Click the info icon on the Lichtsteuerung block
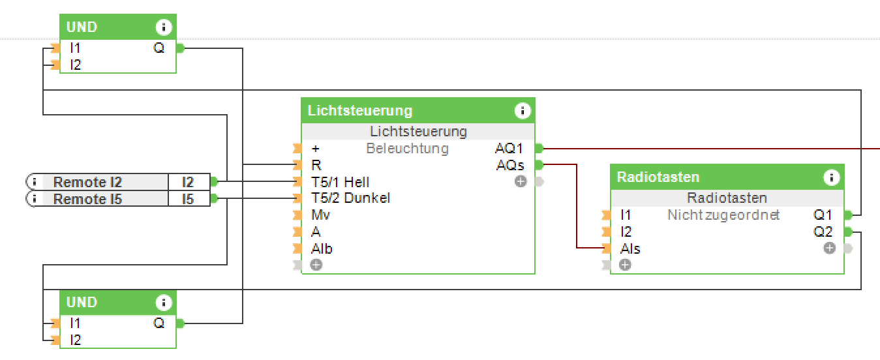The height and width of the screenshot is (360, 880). coord(523,111)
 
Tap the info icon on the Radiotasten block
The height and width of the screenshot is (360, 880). coord(831,177)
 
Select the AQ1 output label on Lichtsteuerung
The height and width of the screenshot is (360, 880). coord(509,149)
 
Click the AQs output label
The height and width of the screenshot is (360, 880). coord(510,166)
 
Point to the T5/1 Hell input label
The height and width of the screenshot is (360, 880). coord(341,181)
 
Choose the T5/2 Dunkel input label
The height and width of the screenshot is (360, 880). coord(350,198)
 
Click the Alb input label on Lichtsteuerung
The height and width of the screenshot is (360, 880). coord(322,248)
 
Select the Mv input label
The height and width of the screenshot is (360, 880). coord(320,215)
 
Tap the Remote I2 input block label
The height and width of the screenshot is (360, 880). coord(87,182)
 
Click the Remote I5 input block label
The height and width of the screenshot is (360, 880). coord(87,199)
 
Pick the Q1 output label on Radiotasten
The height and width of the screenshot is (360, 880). coord(823,215)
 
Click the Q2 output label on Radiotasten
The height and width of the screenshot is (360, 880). coord(823,232)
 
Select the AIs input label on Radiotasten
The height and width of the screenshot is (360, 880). coord(630,248)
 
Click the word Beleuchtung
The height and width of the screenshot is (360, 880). coord(407,149)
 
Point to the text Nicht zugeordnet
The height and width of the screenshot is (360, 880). coord(723,215)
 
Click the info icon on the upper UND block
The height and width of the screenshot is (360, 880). coord(164,27)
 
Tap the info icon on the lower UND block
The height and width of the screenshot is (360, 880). coord(164,303)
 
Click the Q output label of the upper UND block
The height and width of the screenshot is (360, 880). coord(159,48)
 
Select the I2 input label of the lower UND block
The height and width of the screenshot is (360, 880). coord(76,340)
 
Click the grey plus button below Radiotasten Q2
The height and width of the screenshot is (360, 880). coord(829,248)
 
